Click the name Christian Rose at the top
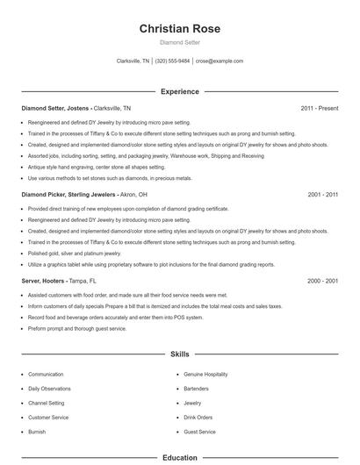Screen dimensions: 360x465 tap(180, 29)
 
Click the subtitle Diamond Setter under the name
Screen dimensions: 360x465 tap(180, 42)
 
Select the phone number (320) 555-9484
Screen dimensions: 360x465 tap(173, 61)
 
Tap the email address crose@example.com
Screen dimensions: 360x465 tap(220, 61)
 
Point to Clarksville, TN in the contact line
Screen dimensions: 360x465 tap(133, 61)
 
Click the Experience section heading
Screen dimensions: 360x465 tap(180, 91)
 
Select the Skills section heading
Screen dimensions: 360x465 tap(180, 354)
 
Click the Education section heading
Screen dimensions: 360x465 tap(180, 457)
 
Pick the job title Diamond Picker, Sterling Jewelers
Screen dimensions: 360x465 tap(66, 194)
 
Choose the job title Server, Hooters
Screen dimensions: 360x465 tap(43, 280)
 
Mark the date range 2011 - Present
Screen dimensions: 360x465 tap(319, 108)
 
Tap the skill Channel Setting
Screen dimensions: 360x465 tap(47, 403)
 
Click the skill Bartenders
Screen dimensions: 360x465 tap(197, 389)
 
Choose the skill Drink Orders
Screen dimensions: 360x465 tap(198, 418)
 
